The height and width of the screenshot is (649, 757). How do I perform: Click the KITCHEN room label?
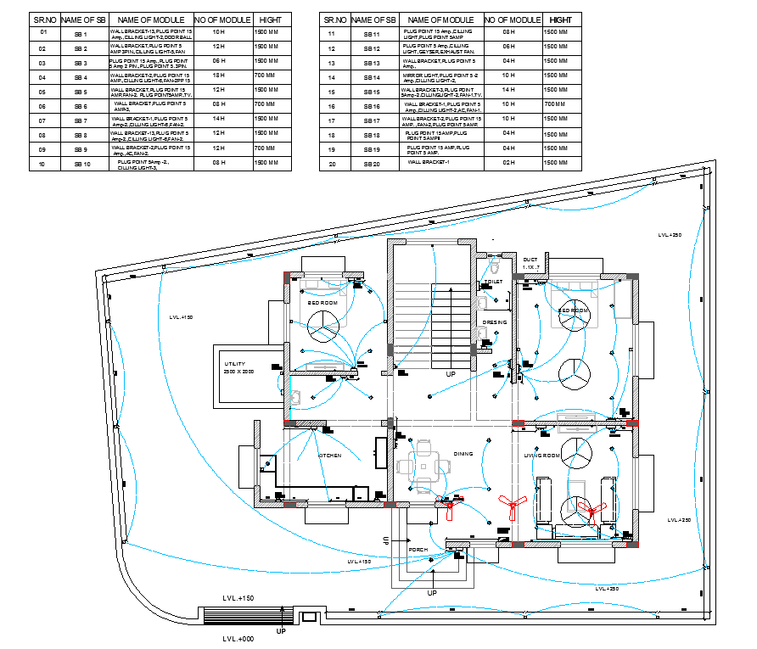(330, 456)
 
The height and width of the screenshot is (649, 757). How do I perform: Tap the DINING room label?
(463, 454)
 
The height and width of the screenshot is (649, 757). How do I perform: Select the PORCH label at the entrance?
(418, 550)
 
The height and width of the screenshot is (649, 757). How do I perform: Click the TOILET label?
(493, 281)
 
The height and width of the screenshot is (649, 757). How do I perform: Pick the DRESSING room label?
(495, 322)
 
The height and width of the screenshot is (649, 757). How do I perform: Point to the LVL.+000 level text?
(239, 638)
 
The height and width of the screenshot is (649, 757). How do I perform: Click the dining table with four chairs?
(422, 465)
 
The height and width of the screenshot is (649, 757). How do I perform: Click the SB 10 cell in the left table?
(81, 163)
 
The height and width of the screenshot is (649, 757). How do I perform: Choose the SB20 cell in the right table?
(372, 163)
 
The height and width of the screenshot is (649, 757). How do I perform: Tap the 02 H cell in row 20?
(508, 163)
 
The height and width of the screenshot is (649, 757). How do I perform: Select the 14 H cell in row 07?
(218, 120)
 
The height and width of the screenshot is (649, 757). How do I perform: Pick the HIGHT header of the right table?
(560, 19)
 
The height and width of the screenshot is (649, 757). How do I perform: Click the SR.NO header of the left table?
(43, 19)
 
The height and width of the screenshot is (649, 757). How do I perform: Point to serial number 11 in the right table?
(333, 33)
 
